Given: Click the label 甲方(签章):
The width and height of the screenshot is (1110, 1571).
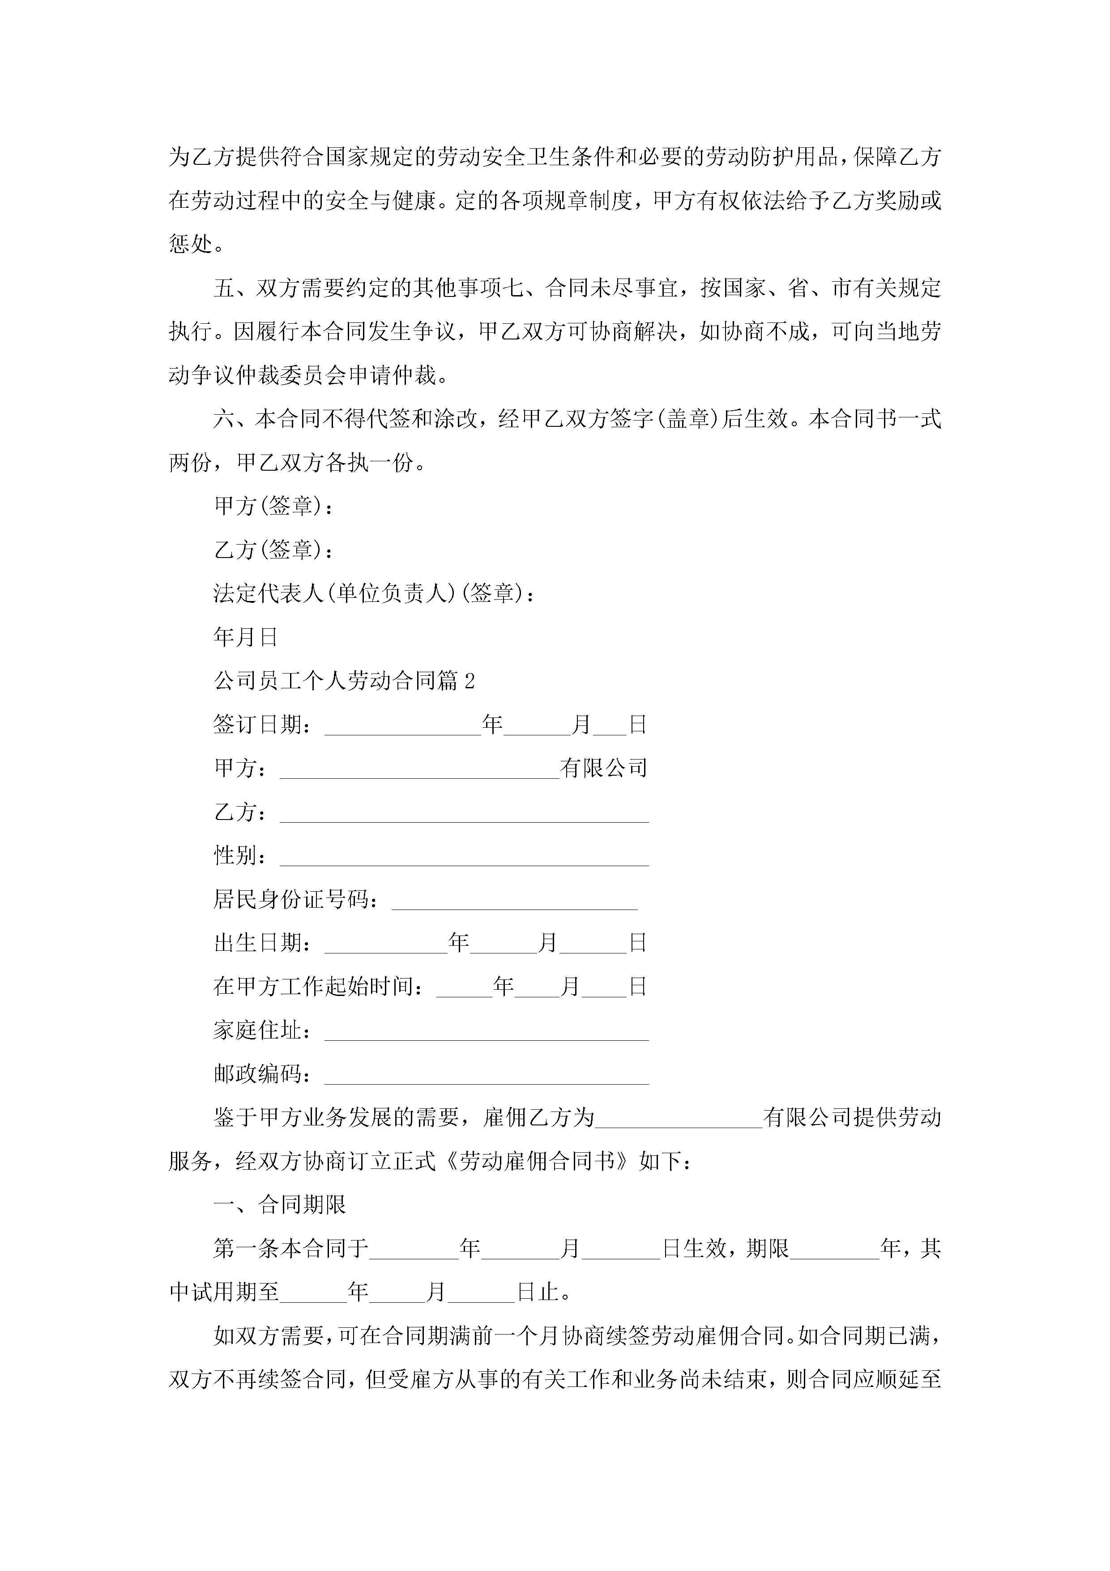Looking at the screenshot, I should [273, 506].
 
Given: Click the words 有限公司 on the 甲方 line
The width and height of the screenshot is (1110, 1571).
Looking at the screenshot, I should [603, 768].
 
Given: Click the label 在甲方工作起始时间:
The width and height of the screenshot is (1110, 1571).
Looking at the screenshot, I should [319, 987].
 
